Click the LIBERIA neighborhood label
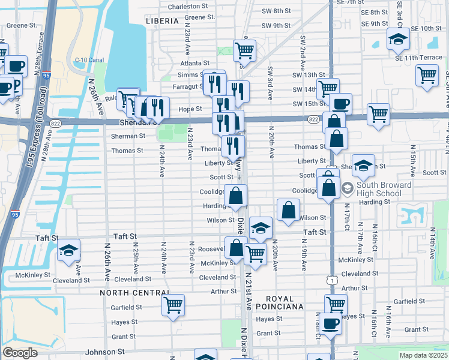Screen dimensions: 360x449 162,21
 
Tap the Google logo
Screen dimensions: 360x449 20,353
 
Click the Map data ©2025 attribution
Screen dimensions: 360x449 424,355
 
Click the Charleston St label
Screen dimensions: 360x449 191,7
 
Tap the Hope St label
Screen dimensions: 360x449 190,109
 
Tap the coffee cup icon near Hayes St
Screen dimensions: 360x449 329,324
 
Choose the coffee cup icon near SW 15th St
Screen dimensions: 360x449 340,104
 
